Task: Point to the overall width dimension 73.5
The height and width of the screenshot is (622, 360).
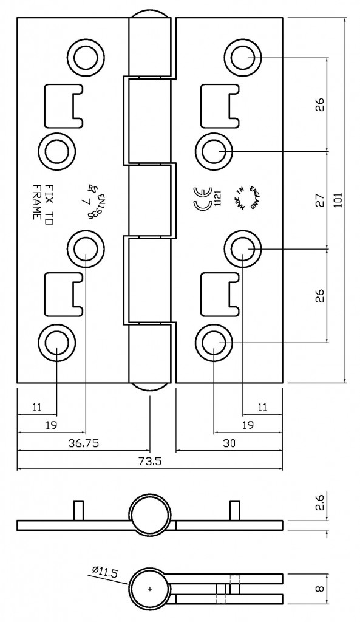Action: tap(150, 462)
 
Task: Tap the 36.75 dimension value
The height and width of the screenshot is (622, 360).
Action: tap(83, 443)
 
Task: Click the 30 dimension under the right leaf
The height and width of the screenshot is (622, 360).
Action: tap(229, 443)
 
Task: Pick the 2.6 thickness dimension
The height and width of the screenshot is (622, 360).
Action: tap(321, 504)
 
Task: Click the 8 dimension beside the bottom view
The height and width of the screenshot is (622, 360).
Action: tap(321, 588)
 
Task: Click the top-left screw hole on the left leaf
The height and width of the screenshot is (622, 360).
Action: tap(85, 57)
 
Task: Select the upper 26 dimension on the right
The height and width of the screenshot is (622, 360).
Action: tap(321, 104)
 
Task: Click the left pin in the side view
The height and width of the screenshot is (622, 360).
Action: tap(77, 510)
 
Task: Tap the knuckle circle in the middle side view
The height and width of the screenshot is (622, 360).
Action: tap(150, 515)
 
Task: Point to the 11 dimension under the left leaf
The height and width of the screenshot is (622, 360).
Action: tap(37, 407)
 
